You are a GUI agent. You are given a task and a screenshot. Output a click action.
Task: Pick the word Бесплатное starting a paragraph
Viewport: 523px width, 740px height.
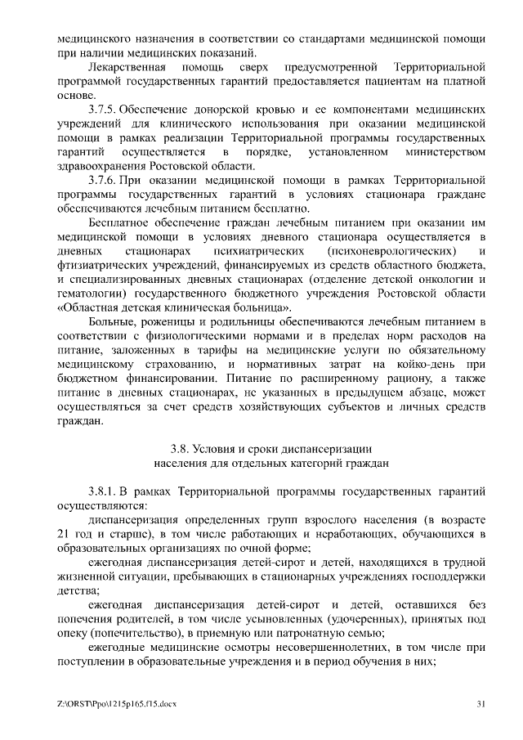(x=120, y=222)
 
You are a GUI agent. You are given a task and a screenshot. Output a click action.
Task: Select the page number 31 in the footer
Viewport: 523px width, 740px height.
(x=481, y=705)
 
